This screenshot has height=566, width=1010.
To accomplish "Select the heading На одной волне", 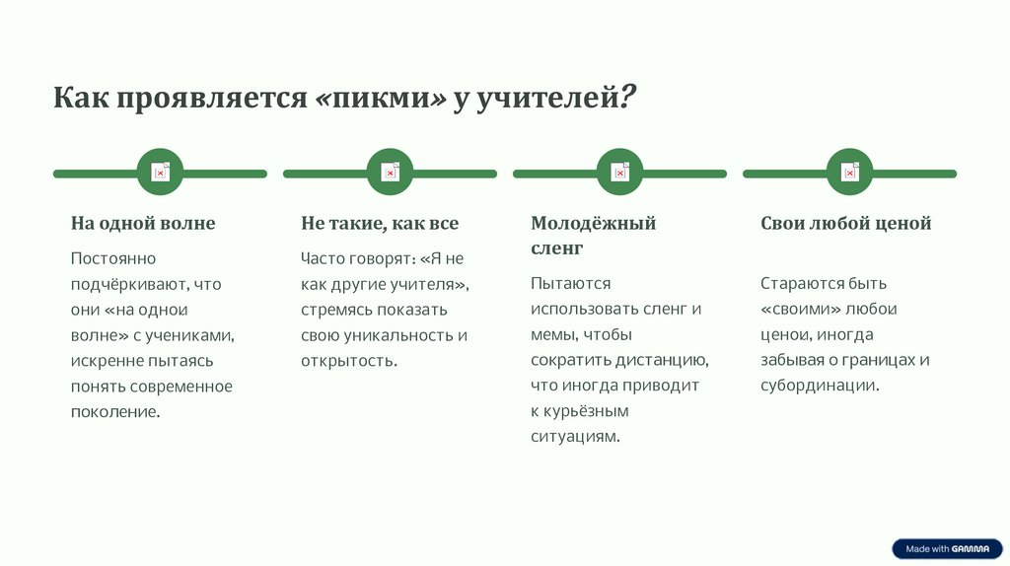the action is point(142,224).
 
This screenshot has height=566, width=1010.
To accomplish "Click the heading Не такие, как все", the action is point(380,224).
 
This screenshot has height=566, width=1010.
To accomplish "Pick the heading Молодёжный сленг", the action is point(593,235).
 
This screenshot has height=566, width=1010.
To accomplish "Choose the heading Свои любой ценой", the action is point(845,224).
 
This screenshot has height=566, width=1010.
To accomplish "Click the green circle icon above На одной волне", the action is point(160,173).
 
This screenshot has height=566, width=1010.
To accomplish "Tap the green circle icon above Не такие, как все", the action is point(390,173).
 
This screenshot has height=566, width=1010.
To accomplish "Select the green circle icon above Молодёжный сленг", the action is point(619,173).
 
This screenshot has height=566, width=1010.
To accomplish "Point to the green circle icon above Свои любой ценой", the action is point(849,173).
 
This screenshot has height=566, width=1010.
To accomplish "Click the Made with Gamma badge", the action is point(947,549).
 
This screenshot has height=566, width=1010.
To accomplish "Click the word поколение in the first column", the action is point(114,412).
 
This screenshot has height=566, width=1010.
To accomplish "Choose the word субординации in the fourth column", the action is point(818,386).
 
